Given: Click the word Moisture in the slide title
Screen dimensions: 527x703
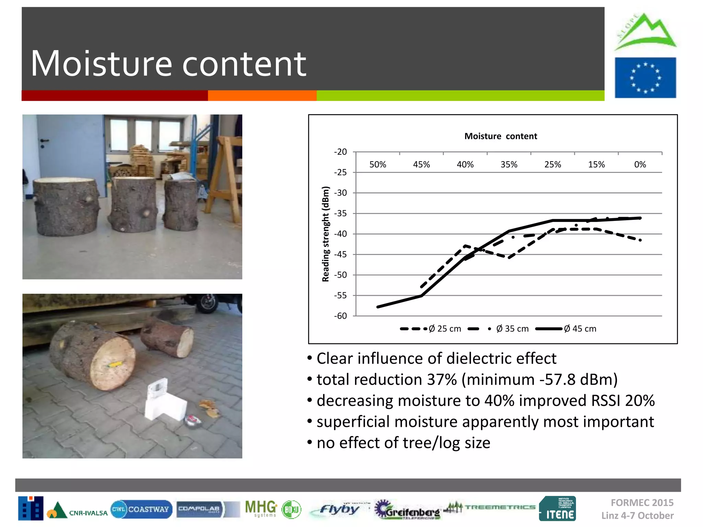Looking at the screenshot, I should [x=101, y=64].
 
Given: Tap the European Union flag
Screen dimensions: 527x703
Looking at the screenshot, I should [x=645, y=78].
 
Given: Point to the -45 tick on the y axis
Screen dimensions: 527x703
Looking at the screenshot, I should [x=340, y=255].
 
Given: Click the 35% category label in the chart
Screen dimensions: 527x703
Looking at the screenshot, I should [x=509, y=165].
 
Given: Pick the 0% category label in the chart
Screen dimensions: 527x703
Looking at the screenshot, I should [x=640, y=165].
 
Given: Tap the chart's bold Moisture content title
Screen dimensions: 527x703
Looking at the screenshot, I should [x=500, y=136].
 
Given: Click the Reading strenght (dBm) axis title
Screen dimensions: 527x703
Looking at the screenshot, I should [x=325, y=234].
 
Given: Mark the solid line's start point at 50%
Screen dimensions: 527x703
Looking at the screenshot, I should [x=378, y=307].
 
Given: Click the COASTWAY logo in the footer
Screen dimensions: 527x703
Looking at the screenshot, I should [x=141, y=509].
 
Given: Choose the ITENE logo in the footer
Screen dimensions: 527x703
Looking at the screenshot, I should [x=557, y=508].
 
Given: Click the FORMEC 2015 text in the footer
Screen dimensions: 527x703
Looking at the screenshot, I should [x=642, y=503].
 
